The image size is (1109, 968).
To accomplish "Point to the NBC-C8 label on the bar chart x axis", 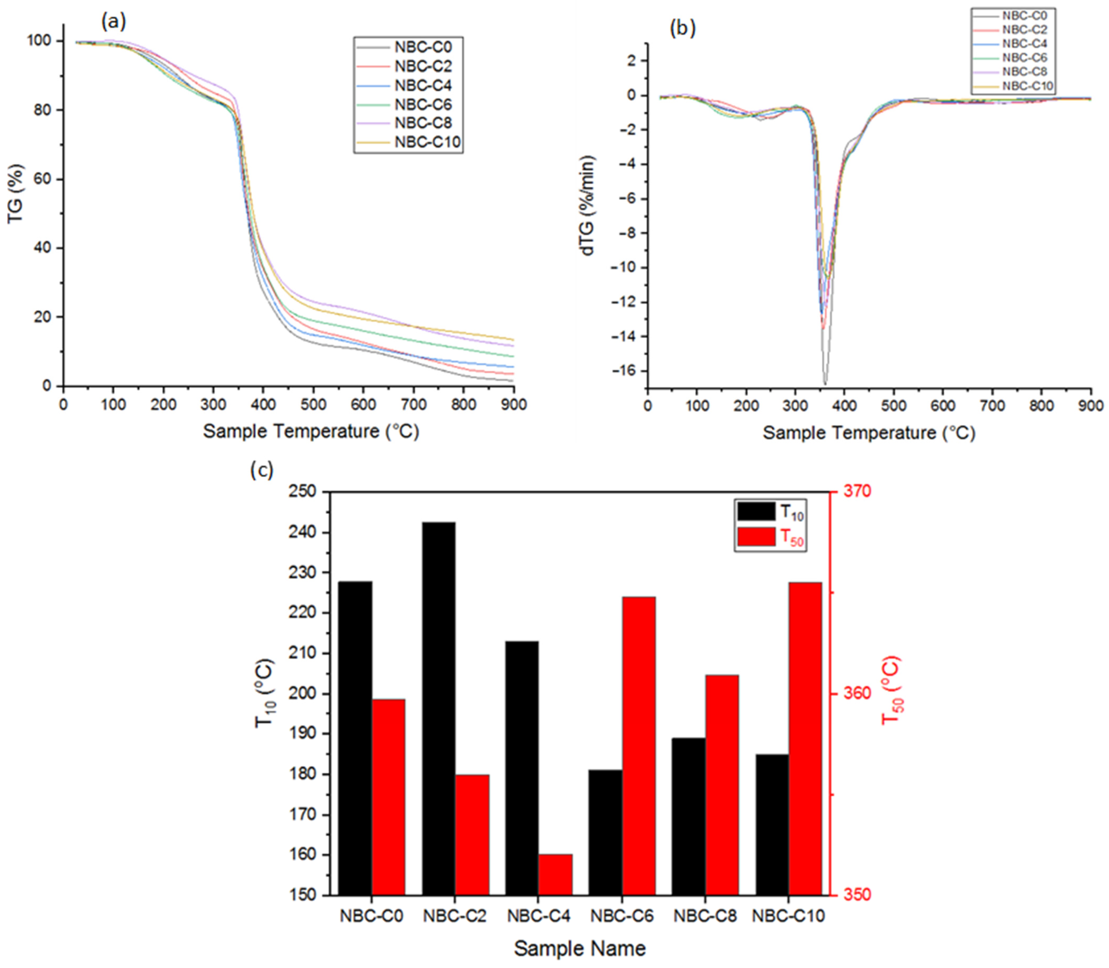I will pyautogui.click(x=705, y=916).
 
